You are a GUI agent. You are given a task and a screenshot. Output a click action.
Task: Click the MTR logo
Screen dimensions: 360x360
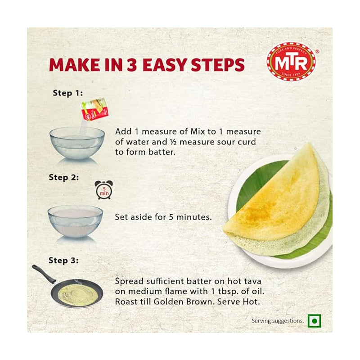tap(291, 61)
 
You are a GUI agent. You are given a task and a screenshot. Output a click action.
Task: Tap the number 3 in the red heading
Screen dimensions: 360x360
tap(132, 64)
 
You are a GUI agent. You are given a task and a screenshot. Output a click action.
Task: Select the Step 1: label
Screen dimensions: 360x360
tap(67, 93)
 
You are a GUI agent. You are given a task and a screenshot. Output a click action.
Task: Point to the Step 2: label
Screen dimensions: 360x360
tap(63, 177)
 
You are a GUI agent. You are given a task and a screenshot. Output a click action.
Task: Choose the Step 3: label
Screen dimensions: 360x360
tap(63, 261)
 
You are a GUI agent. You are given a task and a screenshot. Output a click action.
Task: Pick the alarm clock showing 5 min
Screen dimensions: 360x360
tap(104, 189)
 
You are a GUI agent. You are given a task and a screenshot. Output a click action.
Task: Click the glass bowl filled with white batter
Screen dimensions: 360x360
tap(75, 221)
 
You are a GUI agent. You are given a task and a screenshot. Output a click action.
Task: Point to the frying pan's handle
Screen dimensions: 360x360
tap(44, 274)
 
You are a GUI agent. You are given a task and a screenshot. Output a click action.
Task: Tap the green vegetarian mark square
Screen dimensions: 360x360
tap(314, 321)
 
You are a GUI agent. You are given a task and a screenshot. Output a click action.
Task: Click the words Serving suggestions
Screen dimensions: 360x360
tap(278, 321)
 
